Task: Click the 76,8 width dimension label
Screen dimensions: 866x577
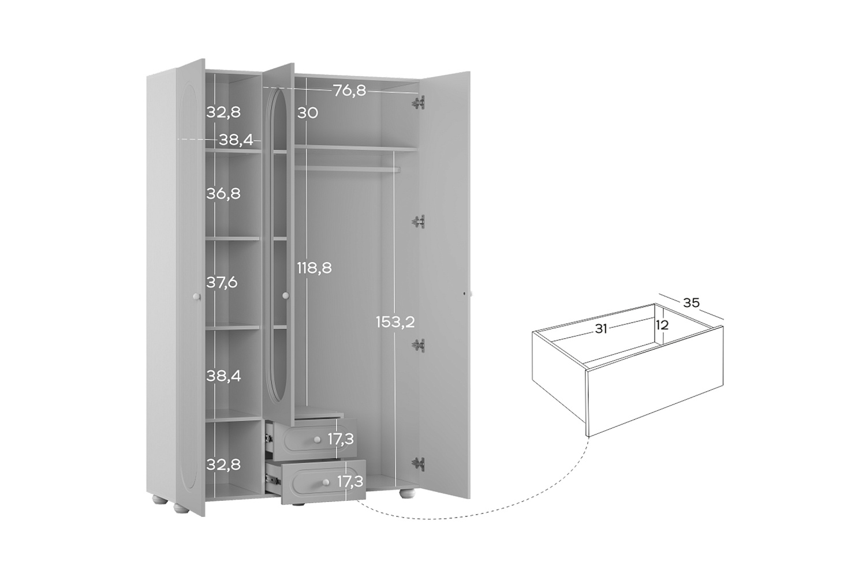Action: (x=349, y=91)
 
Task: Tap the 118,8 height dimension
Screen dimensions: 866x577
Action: (x=314, y=268)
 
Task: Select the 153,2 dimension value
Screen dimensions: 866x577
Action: (x=395, y=322)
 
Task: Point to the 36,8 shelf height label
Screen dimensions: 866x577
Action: (x=223, y=193)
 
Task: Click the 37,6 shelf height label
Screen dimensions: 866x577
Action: (x=222, y=283)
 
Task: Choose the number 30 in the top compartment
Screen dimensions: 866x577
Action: (x=308, y=113)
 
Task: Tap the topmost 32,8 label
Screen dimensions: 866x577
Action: (x=223, y=113)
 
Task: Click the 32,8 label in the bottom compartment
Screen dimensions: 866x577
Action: (x=223, y=464)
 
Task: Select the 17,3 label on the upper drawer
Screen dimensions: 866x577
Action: (x=341, y=439)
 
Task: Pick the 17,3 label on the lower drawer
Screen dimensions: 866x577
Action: (x=350, y=482)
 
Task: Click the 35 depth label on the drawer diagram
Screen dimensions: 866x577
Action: (x=691, y=302)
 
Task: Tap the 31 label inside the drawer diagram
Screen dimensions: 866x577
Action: (x=600, y=329)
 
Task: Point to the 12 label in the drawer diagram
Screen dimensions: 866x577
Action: (x=662, y=325)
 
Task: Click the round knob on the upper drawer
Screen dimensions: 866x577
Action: (x=318, y=440)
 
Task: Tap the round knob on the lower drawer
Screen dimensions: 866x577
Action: (x=326, y=483)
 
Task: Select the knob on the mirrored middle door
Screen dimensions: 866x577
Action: (x=286, y=295)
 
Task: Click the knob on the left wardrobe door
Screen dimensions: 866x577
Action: (x=196, y=297)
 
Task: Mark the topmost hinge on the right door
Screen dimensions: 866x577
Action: (x=418, y=103)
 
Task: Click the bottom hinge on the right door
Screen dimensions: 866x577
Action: (x=419, y=463)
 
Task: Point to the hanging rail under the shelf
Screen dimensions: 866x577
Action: (x=347, y=169)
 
